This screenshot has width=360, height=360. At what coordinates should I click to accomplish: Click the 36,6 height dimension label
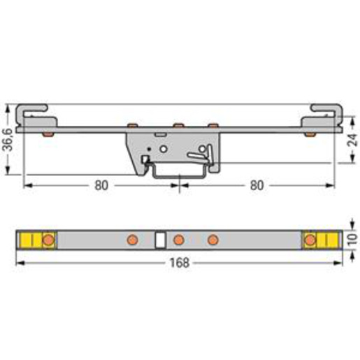tap(8, 140)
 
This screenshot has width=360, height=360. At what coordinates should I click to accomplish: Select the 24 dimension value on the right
tap(352, 140)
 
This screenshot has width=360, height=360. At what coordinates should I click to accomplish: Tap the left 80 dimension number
tap(101, 185)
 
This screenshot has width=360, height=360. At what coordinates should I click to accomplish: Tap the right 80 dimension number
tap(257, 185)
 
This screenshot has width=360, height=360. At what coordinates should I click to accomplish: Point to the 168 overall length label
tap(180, 263)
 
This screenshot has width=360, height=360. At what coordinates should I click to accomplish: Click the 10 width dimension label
tap(352, 239)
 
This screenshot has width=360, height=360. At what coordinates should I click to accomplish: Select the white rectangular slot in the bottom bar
tap(160, 240)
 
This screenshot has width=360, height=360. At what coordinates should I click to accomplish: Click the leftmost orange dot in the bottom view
tap(48, 240)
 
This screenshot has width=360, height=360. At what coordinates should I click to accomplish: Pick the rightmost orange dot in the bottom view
tap(310, 240)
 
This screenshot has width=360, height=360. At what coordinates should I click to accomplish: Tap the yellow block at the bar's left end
tap(31, 240)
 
